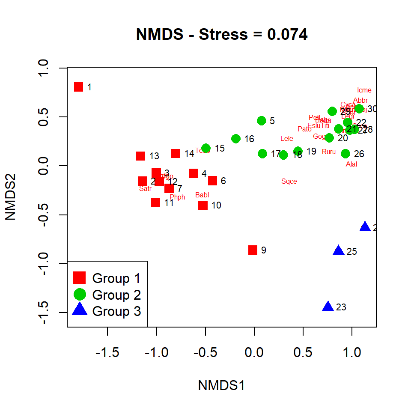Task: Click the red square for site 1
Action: (78, 87)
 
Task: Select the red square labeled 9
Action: (253, 250)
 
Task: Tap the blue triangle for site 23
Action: (328, 307)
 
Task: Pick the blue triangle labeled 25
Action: (339, 250)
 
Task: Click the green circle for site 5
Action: (262, 121)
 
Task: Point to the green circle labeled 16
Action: (236, 139)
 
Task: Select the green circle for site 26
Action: (345, 154)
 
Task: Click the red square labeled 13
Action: (140, 156)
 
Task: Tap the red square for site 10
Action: (203, 205)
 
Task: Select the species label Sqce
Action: (289, 182)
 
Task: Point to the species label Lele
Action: (286, 139)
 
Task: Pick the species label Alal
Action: (351, 164)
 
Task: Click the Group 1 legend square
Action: (79, 278)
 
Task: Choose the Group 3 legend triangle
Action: (79, 310)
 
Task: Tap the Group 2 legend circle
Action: (79, 294)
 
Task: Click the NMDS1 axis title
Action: (221, 385)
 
